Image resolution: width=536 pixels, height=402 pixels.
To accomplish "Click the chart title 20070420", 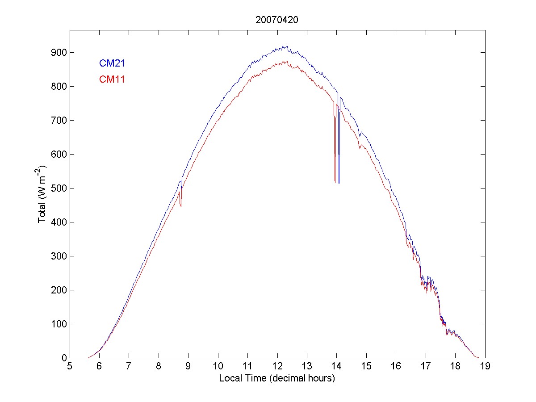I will tap(277, 20).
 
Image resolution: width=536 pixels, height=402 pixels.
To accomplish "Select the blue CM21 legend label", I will tap(112, 63).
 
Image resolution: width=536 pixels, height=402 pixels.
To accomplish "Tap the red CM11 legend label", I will tap(112, 80).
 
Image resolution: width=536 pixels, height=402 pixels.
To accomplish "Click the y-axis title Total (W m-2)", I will tap(43, 194).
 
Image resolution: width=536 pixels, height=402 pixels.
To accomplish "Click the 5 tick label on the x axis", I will tap(70, 367).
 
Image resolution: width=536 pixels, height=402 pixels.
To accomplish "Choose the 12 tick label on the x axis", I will tap(277, 367).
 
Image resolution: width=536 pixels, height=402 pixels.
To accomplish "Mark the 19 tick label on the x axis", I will tap(485, 367).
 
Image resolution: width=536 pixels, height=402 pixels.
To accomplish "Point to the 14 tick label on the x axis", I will tap(336, 367).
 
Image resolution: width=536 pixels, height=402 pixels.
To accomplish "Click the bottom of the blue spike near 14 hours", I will tap(339, 183).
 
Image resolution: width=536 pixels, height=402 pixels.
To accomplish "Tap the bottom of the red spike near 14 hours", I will tap(335, 182).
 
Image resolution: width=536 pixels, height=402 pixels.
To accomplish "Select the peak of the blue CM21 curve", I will tap(283, 46).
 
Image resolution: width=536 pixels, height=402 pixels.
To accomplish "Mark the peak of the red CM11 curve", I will tap(283, 61).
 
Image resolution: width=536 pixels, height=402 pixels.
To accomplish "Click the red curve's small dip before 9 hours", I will tap(181, 206).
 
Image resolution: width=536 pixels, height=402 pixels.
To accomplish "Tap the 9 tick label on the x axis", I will tap(188, 367).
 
